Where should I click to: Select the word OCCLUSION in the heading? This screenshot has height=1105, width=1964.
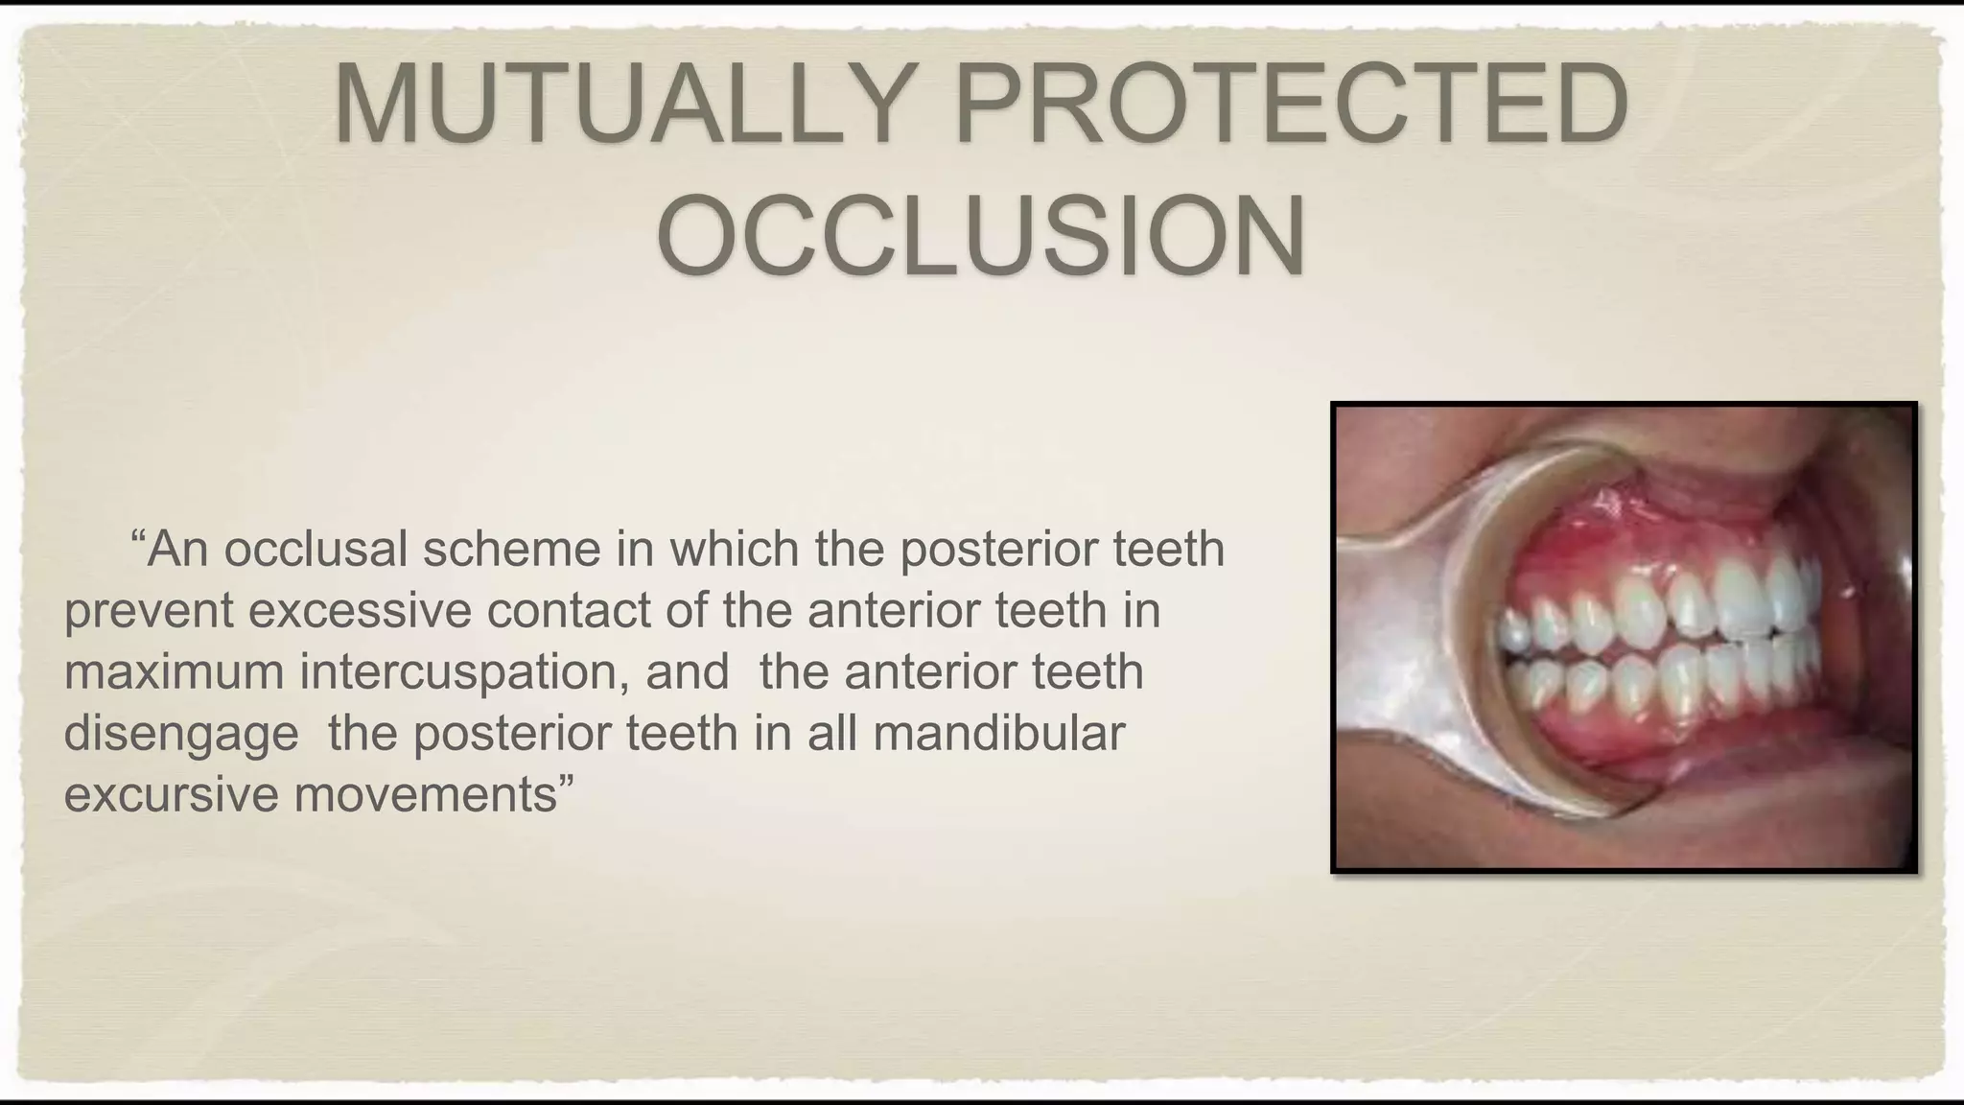click(x=981, y=236)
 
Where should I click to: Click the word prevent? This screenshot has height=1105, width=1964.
click(x=149, y=611)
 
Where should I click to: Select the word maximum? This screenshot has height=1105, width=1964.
click(x=174, y=671)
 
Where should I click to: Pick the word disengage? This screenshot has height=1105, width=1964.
click(x=181, y=734)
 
